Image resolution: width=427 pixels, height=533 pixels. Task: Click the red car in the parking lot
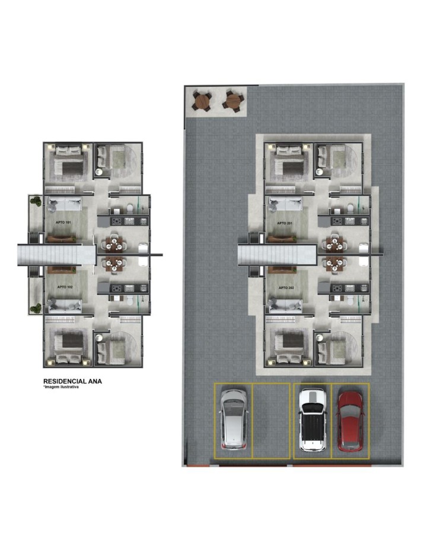pos(350,421)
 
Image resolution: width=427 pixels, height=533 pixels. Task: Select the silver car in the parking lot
pos(234,419)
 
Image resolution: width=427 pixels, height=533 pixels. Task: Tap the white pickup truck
pos(313,420)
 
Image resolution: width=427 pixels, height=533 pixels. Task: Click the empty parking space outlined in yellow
pos(271,421)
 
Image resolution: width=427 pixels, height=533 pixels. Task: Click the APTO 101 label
pos(63,223)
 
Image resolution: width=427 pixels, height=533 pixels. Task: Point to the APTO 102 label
pos(65,287)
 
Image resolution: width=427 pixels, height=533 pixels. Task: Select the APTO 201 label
pos(285,223)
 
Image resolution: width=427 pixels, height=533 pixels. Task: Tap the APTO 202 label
pos(286,288)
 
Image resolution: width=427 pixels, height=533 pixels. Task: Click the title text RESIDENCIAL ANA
pos(72,381)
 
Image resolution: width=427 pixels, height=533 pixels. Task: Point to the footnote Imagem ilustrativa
pos(61,387)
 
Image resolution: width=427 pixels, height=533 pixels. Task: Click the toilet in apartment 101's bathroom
pos(130,207)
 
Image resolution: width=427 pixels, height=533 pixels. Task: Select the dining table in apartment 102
pos(113,264)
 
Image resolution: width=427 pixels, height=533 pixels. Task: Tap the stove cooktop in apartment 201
pos(337,221)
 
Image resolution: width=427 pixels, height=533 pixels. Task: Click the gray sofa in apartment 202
pos(285,306)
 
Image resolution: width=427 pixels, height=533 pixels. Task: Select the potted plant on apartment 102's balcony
pos(36,309)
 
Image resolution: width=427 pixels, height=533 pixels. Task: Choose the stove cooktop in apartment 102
pos(116,288)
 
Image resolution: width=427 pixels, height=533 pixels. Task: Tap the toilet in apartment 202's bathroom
pos(350,300)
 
